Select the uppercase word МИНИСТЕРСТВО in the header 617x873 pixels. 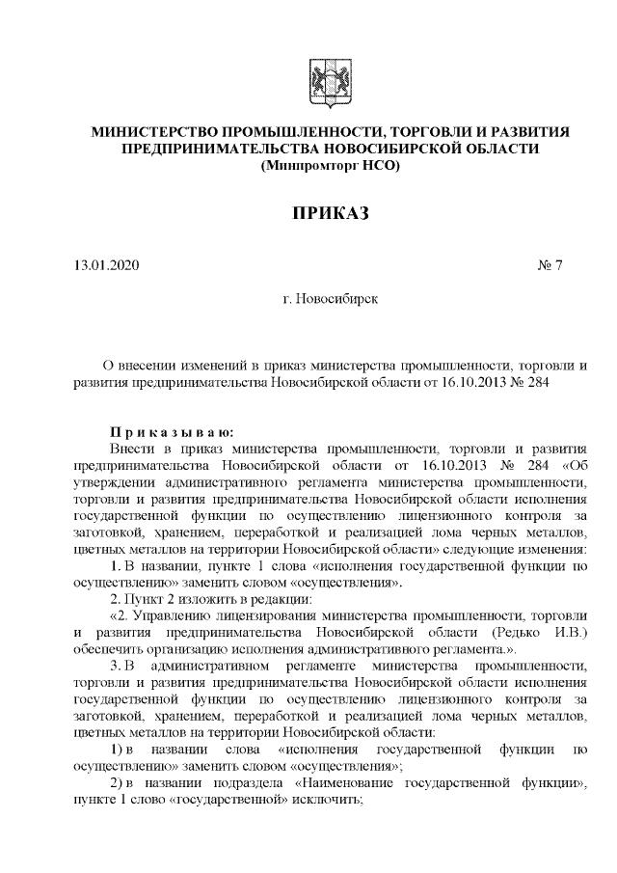click(153, 131)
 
